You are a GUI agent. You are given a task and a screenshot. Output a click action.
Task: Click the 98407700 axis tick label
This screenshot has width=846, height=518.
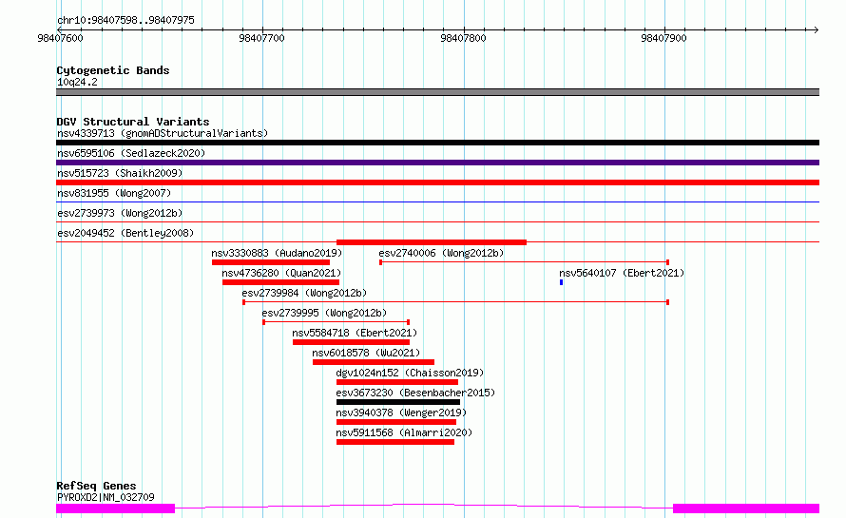click(x=261, y=38)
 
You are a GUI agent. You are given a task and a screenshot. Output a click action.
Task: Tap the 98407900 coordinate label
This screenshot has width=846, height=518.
click(x=663, y=38)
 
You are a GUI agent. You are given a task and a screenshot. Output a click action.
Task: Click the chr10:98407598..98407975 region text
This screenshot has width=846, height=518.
click(x=125, y=21)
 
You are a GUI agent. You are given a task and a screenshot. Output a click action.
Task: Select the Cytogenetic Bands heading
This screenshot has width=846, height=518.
click(x=113, y=70)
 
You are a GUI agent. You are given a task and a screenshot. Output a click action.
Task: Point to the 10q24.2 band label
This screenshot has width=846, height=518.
click(x=77, y=82)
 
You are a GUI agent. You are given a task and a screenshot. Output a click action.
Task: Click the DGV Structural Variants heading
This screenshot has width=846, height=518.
click(x=133, y=122)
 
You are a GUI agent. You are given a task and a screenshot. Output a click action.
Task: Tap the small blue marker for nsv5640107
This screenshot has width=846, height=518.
click(x=561, y=282)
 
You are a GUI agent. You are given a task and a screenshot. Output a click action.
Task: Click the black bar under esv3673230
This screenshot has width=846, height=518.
click(x=398, y=402)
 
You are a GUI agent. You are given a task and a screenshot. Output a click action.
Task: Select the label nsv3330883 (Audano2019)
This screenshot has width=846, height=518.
click(x=277, y=253)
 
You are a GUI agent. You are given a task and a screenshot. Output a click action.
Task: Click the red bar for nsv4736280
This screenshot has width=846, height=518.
click(x=280, y=282)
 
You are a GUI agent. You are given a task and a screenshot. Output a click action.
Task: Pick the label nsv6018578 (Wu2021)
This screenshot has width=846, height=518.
click(x=366, y=353)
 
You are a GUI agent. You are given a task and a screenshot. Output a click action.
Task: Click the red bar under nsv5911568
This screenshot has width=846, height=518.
click(x=394, y=442)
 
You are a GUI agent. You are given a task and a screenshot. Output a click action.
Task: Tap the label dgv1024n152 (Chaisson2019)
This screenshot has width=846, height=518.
click(x=410, y=373)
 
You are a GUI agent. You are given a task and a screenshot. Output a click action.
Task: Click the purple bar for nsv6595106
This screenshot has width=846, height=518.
click(x=437, y=163)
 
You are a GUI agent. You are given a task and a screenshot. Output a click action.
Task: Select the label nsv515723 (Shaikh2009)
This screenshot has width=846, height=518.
click(x=120, y=173)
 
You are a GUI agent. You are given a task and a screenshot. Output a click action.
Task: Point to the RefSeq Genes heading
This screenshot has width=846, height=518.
click(x=96, y=486)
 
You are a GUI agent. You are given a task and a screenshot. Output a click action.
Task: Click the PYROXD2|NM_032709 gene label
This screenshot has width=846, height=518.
click(x=106, y=497)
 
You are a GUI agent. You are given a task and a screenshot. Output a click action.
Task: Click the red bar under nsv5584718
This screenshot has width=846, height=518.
click(x=352, y=342)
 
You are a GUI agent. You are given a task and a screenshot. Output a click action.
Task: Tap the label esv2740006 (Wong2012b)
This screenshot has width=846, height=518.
click(x=441, y=253)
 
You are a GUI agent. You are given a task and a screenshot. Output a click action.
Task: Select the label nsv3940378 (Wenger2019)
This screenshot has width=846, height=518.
click(x=401, y=412)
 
